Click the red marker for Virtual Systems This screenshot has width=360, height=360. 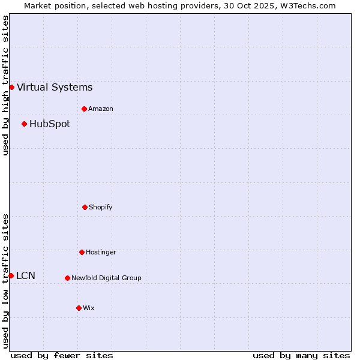click(11, 87)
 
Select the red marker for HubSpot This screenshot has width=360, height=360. click(24, 124)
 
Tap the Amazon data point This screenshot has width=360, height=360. click(84, 109)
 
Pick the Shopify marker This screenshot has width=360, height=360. click(85, 207)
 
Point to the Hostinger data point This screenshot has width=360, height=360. click(82, 252)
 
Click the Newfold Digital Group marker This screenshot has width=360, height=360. click(67, 278)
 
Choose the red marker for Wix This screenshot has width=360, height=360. click(79, 308)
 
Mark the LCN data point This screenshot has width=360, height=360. click(11, 275)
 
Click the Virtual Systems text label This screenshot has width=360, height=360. click(55, 88)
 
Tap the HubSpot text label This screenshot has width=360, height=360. click(50, 124)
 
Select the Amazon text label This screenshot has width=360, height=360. click(101, 109)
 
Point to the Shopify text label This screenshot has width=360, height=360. click(101, 208)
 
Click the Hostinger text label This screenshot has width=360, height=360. click(101, 253)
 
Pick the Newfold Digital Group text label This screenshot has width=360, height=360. click(106, 278)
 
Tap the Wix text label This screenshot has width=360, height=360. click(89, 308)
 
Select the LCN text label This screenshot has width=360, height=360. click(26, 276)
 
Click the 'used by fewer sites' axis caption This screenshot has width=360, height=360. click(62, 355)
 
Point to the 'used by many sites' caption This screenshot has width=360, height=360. click(301, 355)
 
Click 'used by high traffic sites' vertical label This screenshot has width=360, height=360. click(5, 85)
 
